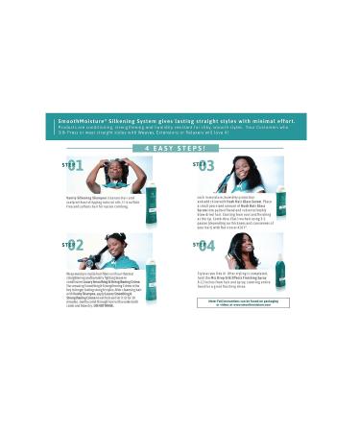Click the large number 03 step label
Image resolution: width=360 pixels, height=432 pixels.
coord(203,165)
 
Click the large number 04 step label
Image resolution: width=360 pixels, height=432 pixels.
coord(203,246)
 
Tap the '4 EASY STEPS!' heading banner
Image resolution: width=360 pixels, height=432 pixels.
coord(180,150)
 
